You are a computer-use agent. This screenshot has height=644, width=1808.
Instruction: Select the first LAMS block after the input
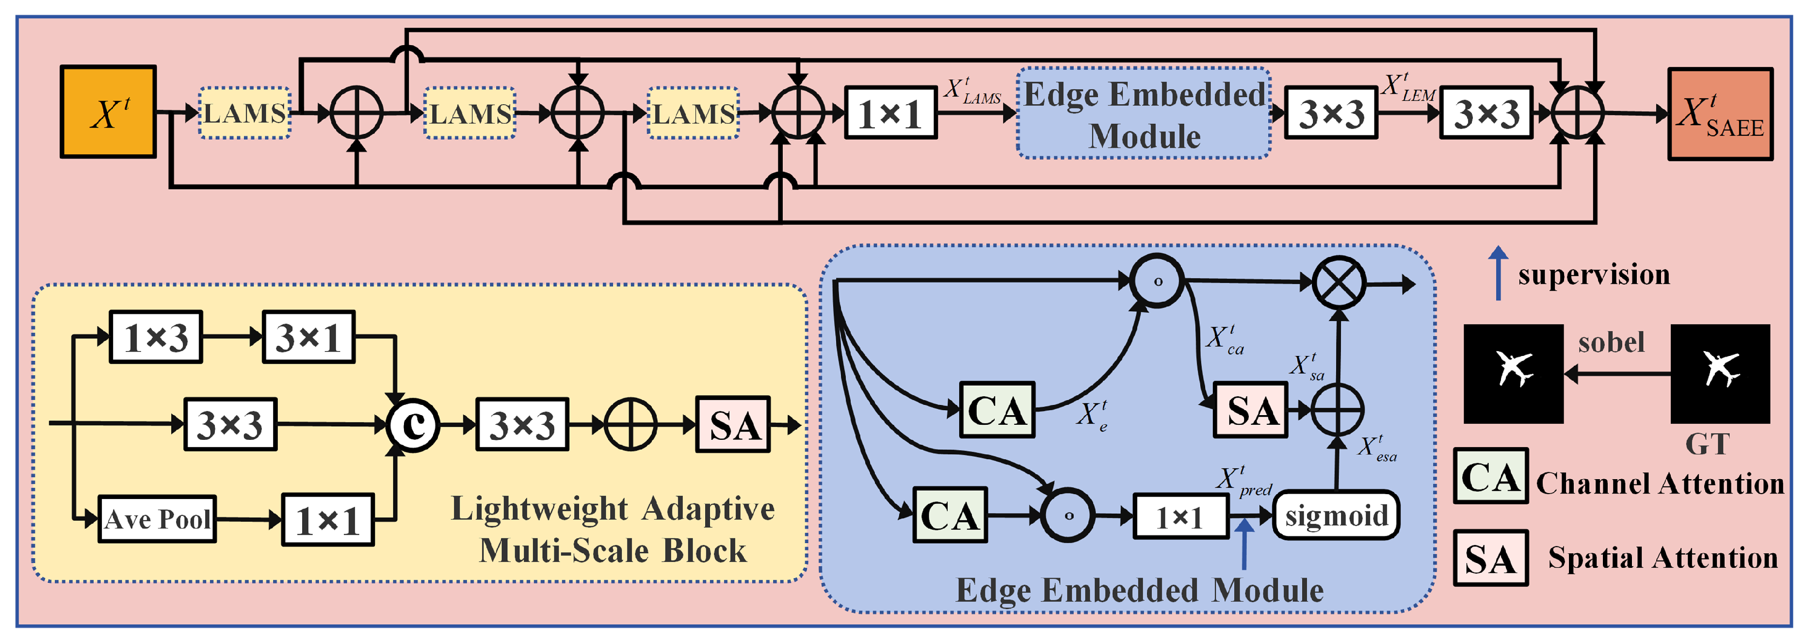[x=244, y=113]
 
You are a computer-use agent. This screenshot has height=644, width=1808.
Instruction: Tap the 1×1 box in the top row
[x=889, y=113]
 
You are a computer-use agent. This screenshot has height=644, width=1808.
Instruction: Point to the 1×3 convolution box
[x=156, y=338]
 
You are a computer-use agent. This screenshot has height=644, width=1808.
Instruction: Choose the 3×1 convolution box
[x=308, y=338]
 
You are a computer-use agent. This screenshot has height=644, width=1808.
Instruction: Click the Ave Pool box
[x=157, y=519]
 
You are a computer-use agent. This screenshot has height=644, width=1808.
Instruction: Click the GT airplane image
[x=1720, y=373]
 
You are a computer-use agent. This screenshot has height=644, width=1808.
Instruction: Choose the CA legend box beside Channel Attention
[x=1490, y=477]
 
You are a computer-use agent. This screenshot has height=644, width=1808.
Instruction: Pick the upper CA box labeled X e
[x=997, y=410]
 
